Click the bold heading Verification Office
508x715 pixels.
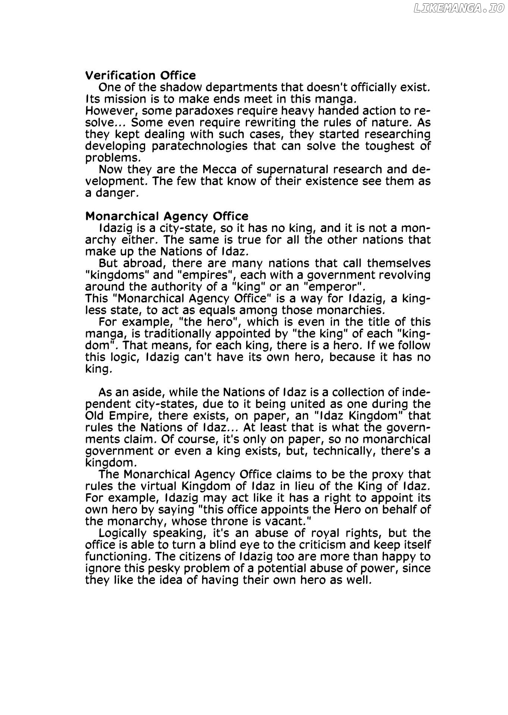tap(140, 76)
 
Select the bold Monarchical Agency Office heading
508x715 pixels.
tap(167, 216)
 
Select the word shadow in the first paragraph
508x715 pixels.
tap(181, 88)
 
